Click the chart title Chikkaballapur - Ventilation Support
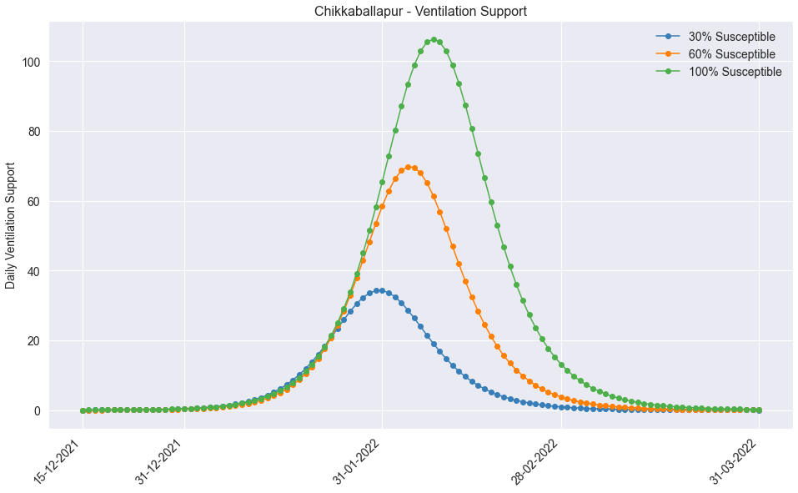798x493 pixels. [x=420, y=11]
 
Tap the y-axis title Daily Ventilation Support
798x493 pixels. [x=11, y=225]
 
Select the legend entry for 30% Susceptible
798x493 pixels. [x=731, y=37]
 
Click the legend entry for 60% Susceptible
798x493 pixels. [x=731, y=54]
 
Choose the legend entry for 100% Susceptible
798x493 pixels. [x=735, y=72]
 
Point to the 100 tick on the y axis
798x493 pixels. [x=33, y=62]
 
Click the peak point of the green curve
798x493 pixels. [x=434, y=39]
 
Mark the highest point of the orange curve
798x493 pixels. [x=408, y=167]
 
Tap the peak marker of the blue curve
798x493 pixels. [x=379, y=290]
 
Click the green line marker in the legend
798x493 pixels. [x=668, y=72]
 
